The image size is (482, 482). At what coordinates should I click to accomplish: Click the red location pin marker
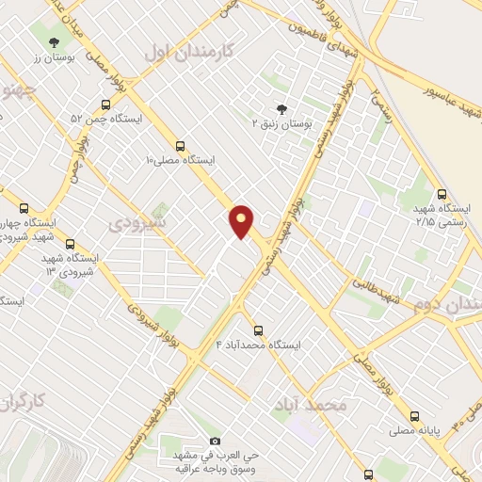(x=242, y=221)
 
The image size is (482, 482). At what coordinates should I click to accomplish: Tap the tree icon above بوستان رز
(x=54, y=41)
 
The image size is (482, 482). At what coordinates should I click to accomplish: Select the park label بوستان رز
(x=54, y=58)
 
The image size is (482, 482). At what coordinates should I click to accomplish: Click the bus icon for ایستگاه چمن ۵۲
(x=105, y=105)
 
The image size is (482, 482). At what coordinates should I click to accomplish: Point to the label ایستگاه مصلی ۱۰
(x=180, y=160)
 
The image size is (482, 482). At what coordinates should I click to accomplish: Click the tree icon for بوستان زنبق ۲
(x=280, y=109)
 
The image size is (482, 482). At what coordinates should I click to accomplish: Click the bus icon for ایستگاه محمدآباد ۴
(x=258, y=330)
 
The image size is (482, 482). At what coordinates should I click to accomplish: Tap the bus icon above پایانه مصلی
(x=413, y=415)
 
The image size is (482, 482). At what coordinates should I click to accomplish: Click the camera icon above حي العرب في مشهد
(x=215, y=441)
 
